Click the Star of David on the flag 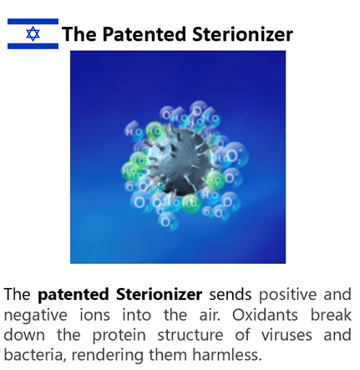[33, 34]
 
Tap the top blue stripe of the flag [33, 22]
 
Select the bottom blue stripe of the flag [33, 46]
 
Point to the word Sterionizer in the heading [242, 34]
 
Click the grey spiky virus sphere [178, 161]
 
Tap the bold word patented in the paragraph [74, 295]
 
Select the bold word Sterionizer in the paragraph [160, 295]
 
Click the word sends [231, 295]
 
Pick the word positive [287, 295]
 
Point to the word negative [35, 316]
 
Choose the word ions [95, 315]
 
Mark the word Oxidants [265, 315]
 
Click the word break [331, 315]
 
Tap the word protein [119, 336]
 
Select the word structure [190, 335]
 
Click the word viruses [286, 335]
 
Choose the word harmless [227, 355]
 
